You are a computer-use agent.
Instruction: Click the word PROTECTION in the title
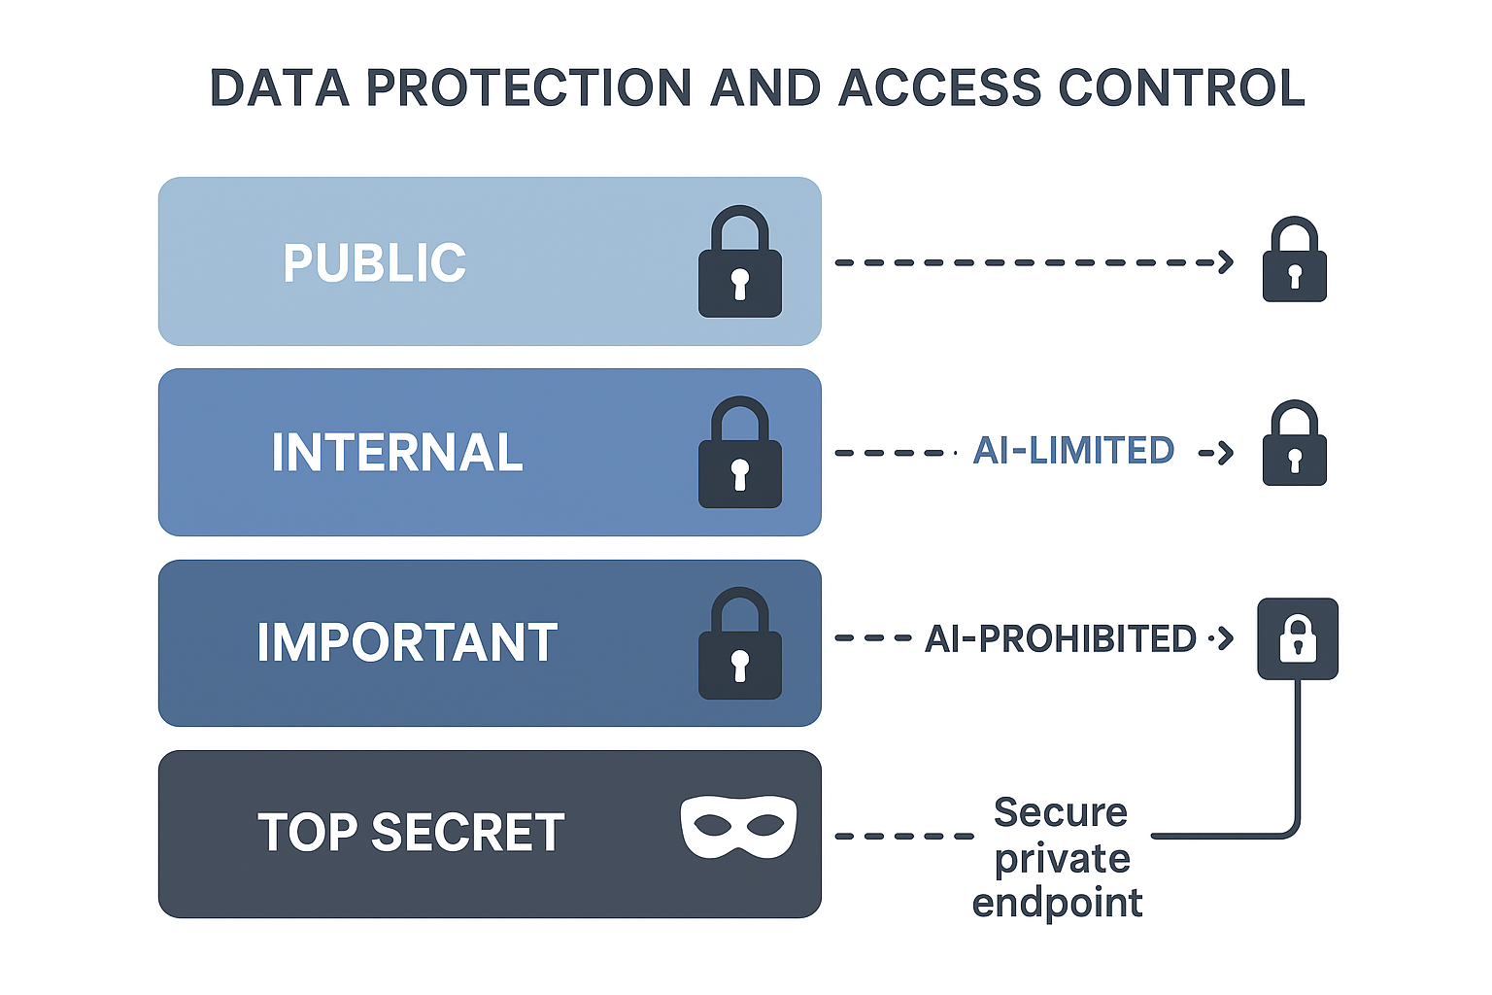click(528, 88)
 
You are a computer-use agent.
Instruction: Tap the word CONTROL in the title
click(1181, 88)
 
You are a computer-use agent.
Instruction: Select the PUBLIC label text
click(374, 262)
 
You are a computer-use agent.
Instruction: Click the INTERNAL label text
click(397, 452)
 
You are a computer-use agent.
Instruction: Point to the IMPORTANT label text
click(407, 641)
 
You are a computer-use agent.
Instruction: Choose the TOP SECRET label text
click(411, 832)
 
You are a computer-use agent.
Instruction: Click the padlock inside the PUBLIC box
click(740, 261)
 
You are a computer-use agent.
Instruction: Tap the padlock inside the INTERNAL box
click(740, 452)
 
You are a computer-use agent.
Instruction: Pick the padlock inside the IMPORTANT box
click(740, 643)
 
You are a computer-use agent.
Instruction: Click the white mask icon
click(738, 826)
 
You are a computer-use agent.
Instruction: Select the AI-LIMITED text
click(1073, 451)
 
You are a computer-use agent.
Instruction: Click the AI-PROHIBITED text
click(1061, 638)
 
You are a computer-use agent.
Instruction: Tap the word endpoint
click(1057, 903)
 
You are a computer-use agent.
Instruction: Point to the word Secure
click(1061, 812)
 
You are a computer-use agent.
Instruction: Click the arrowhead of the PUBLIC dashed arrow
click(1226, 262)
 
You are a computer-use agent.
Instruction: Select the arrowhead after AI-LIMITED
click(1226, 453)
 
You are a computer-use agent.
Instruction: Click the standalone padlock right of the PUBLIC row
click(1295, 259)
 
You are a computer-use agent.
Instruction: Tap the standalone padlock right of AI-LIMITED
click(1295, 442)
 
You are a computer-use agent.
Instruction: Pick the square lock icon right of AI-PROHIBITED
click(1298, 638)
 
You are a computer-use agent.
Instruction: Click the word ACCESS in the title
click(940, 88)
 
